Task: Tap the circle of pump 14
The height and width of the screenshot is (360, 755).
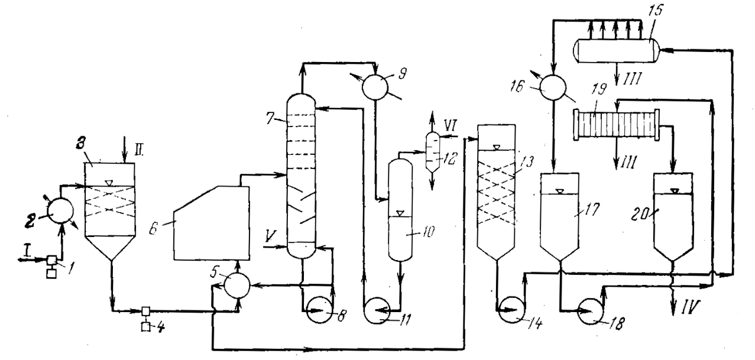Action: coord(510,309)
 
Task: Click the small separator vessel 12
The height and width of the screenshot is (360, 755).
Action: coord(432,151)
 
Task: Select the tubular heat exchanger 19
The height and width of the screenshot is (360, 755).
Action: coord(615,125)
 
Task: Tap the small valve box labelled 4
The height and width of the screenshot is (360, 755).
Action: coord(145,311)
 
